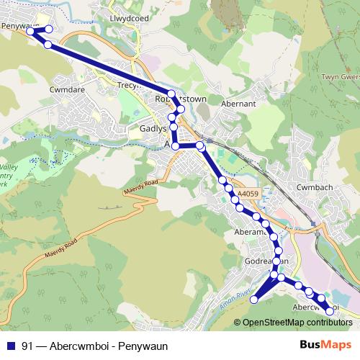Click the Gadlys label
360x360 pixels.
(x=152, y=128)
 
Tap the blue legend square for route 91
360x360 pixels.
(x=9, y=344)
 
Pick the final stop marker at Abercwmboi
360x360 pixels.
(x=330, y=311)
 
